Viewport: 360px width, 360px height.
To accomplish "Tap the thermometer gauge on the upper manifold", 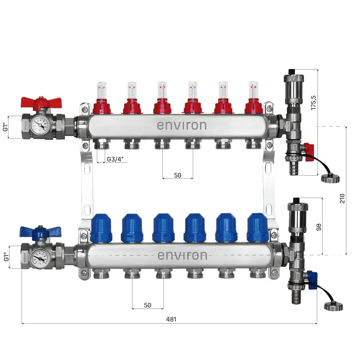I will (x=39, y=126).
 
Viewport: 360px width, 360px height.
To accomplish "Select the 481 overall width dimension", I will (x=171, y=319).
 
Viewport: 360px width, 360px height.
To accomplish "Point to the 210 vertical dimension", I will (x=342, y=198).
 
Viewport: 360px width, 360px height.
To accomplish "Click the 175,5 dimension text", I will (x=314, y=102).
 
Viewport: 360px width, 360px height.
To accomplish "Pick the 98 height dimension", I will (x=318, y=226).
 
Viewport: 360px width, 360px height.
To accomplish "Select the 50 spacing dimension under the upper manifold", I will (x=177, y=175).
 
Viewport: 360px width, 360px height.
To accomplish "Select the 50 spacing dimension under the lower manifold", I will (x=148, y=305).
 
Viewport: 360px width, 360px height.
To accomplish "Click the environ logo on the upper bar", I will (x=182, y=126).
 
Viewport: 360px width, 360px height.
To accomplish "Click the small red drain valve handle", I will (x=309, y=152).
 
